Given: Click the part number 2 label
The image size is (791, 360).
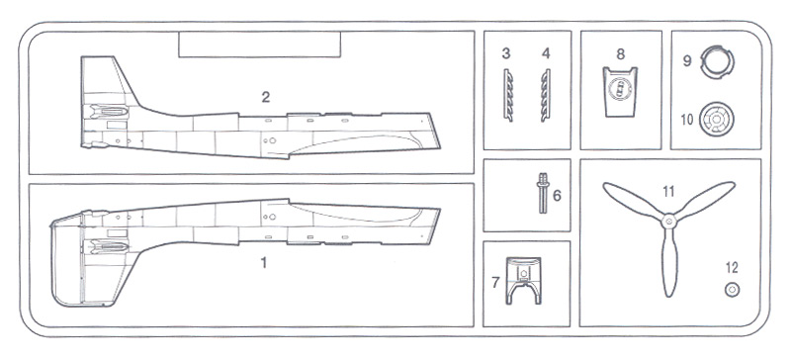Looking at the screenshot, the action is point(266,98).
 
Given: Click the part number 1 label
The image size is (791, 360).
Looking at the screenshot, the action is point(263,262).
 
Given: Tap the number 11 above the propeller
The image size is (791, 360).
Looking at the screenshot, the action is point(668,191).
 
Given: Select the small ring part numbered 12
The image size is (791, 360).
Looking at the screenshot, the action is point(732,290).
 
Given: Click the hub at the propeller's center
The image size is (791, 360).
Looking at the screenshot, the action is point(669,221).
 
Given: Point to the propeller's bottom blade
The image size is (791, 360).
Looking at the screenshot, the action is point(669,262).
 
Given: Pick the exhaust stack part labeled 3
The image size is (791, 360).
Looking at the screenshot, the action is point(508,95).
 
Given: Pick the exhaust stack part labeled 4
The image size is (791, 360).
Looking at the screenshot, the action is point(546,95).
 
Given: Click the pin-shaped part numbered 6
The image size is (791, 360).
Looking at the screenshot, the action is point(542,193).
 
